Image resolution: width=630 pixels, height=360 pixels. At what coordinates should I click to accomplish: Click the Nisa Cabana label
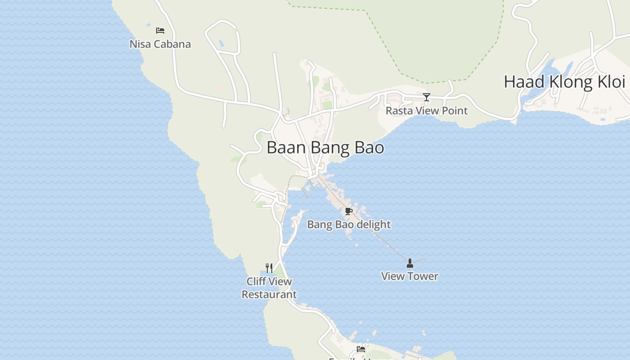point(160,44)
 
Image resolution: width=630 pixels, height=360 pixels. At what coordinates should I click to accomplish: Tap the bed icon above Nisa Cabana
point(160,31)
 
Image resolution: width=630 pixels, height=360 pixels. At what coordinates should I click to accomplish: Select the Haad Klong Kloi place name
point(564,82)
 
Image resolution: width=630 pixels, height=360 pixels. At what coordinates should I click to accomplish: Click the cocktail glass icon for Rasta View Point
point(427,97)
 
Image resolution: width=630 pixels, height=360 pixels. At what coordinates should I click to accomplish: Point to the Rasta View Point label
point(427,111)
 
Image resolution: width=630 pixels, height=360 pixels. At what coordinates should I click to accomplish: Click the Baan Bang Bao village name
point(325,148)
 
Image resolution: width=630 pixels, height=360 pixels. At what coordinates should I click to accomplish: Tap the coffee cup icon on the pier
point(348,211)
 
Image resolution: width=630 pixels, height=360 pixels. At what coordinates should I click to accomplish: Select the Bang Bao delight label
point(349,225)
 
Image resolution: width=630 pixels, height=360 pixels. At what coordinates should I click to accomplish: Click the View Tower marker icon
point(409,263)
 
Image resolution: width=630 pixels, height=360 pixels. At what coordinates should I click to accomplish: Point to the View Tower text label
point(409,276)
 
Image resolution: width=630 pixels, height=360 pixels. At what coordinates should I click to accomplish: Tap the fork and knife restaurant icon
point(269,268)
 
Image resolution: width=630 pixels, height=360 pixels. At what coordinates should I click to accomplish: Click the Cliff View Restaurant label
point(269,288)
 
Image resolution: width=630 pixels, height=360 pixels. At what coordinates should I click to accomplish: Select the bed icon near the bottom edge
point(361,349)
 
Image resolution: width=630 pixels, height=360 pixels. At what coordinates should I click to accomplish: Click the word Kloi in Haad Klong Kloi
point(611,82)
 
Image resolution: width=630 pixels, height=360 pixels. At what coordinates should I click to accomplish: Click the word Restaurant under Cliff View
point(269,295)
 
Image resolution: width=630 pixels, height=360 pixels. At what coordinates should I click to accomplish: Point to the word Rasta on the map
point(397,111)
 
